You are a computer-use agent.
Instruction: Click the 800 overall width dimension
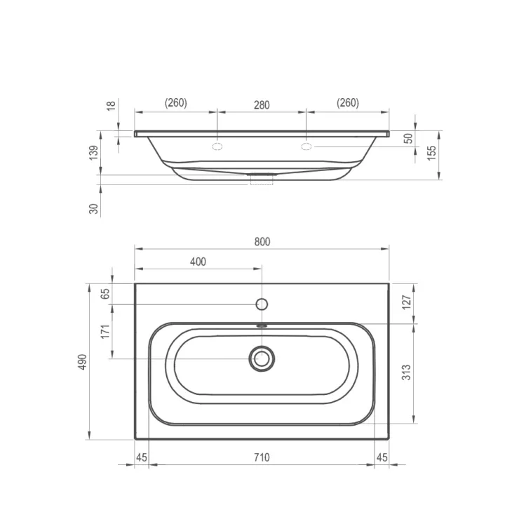pos(262,242)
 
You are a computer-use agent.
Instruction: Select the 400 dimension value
pos(198,262)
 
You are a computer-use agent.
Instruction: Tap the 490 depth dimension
pos(83,362)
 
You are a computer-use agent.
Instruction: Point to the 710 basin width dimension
pos(262,457)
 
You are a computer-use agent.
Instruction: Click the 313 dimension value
pos(406,372)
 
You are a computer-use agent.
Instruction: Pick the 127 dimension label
pos(406,302)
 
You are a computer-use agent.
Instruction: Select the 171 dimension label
pos(105,332)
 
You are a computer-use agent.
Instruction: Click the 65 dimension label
pos(105,294)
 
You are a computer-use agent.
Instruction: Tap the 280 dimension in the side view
pos(262,105)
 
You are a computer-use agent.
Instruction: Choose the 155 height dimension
pos(432,153)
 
